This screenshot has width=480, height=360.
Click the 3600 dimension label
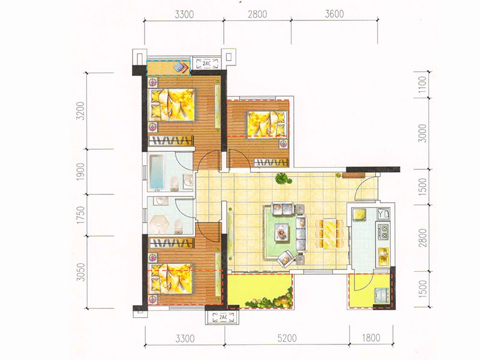[334, 14]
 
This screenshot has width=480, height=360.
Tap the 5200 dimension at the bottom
[287, 338]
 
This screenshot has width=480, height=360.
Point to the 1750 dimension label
[80, 215]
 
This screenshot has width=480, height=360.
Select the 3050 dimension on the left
[80, 272]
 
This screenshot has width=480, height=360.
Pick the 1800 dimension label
[371, 338]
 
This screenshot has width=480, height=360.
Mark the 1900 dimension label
[80, 172]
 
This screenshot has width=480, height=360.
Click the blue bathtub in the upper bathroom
[157, 172]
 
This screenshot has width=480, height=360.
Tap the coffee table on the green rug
[281, 232]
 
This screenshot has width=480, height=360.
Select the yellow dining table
[329, 233]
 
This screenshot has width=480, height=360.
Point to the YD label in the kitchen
[383, 214]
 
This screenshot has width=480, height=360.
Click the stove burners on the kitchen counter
[383, 232]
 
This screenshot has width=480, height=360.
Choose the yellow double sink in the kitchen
[383, 256]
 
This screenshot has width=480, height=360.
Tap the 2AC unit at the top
[206, 64]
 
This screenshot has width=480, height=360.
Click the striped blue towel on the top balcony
[181, 68]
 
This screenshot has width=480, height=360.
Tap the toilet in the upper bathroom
[174, 184]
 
